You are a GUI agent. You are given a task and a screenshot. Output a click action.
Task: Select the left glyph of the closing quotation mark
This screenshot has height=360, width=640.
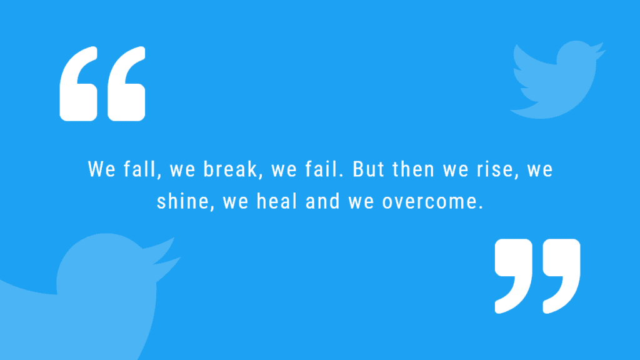(514, 275)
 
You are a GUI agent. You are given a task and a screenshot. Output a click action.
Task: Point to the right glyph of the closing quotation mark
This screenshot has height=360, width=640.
(561, 275)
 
